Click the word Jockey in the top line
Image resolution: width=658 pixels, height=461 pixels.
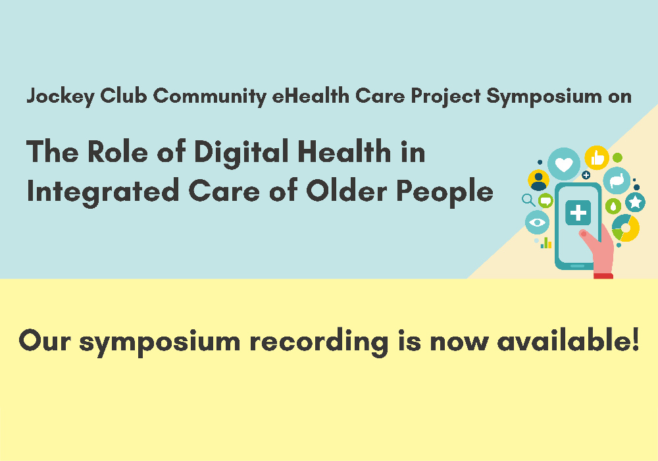[61, 97]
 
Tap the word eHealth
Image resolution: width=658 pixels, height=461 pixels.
[311, 95]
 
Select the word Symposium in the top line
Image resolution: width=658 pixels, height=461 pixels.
[544, 97]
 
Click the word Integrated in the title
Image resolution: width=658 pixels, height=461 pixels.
[103, 192]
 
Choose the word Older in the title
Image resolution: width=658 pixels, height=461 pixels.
[347, 190]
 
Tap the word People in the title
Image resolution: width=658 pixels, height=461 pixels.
[445, 192]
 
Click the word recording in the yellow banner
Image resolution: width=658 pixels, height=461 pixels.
[319, 342]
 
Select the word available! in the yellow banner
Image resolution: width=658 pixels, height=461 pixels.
[569, 340]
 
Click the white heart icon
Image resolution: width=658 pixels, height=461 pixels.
[564, 164]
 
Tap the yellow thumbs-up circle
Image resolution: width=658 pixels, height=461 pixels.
[597, 158]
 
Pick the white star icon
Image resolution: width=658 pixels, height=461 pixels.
[636, 202]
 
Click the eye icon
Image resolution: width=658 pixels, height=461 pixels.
[537, 222]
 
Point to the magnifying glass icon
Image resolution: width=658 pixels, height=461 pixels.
[528, 200]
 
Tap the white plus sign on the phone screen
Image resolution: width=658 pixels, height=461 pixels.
[578, 213]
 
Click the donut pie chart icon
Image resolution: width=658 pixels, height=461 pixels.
[626, 228]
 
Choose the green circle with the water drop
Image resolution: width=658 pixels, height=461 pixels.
[613, 207]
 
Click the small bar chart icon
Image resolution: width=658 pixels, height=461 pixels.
[546, 242]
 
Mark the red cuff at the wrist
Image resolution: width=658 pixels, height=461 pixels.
[603, 276]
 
